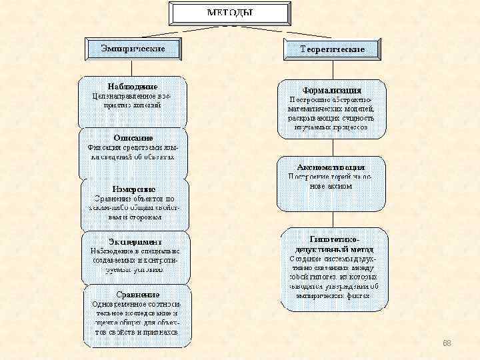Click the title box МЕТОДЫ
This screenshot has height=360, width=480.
coord(230,13)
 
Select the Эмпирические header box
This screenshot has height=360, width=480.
coord(133,48)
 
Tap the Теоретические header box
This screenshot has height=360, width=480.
coord(332,49)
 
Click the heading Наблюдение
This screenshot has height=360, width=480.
coord(133,87)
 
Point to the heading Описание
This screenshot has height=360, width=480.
coord(133,138)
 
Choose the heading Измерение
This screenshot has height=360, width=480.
coord(133,189)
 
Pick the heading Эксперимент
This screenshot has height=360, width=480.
coord(135,241)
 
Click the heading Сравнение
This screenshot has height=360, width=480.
coord(137,294)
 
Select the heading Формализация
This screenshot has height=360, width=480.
coord(332,89)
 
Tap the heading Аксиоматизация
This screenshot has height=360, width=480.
coord(331,167)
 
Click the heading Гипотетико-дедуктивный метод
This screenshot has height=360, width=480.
coord(334,243)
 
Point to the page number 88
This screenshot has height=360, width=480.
coord(447,343)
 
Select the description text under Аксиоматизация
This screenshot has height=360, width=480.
coord(331,181)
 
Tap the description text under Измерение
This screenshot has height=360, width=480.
coord(134,207)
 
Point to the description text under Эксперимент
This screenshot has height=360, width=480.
coord(135,260)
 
